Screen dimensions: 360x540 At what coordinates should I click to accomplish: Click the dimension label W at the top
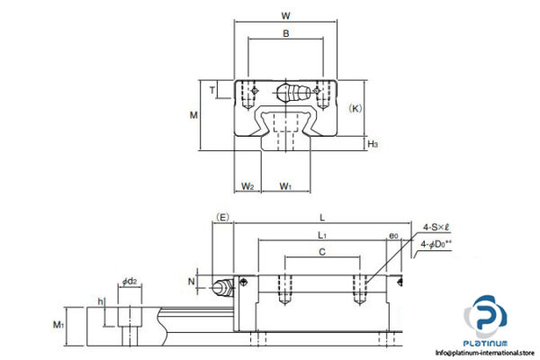(287, 14)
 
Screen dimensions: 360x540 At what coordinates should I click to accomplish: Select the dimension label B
(285, 35)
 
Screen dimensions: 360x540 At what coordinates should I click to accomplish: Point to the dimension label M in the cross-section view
(192, 115)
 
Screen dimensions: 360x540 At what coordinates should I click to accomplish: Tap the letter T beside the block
(212, 90)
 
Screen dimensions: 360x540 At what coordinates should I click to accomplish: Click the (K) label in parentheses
(355, 108)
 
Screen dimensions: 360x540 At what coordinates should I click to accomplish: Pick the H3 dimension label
(372, 143)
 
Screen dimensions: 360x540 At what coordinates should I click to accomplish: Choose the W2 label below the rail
(248, 187)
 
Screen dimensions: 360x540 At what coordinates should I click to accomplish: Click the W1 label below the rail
(285, 187)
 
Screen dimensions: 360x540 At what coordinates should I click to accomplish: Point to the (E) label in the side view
(223, 216)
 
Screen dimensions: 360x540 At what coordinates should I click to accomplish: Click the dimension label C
(323, 253)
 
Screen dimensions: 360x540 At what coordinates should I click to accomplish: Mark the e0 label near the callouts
(392, 236)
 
